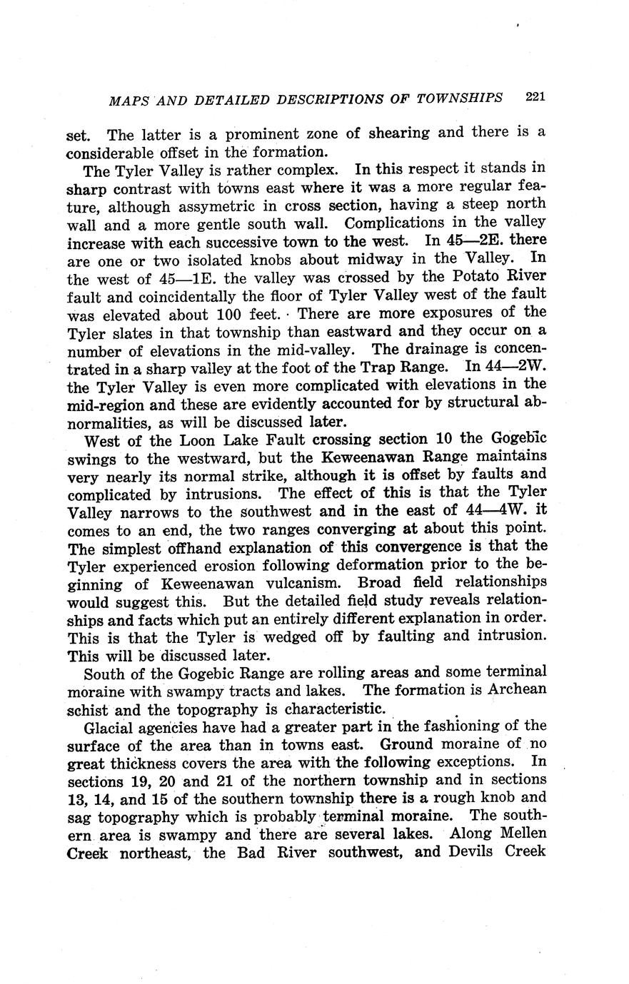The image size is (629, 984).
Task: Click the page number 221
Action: click(x=535, y=96)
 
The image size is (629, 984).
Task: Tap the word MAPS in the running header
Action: click(x=128, y=101)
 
